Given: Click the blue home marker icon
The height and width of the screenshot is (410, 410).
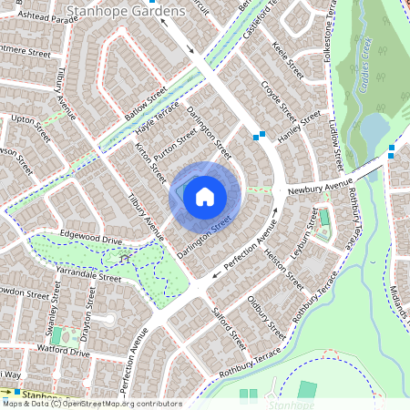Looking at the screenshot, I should point(205,196).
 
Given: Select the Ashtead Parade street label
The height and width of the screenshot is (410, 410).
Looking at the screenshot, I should point(41,18).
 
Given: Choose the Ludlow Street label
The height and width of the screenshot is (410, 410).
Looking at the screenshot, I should point(336,141).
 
